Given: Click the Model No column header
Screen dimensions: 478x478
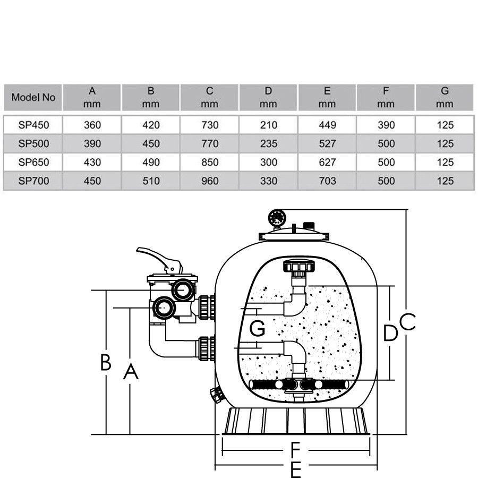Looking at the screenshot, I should pos(33,98).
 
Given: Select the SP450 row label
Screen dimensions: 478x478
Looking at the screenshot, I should pos(33,125).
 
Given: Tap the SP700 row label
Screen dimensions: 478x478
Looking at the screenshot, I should pos(33,181).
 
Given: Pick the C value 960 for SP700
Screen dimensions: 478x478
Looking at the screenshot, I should pos(210,181).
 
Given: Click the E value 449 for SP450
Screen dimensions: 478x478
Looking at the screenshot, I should pos(327,125).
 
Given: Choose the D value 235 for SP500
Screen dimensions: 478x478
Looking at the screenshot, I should pos(269,144).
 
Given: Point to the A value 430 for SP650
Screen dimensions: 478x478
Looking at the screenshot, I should pos(92,163).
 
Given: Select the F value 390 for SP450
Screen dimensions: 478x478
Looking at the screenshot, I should pos(386,125).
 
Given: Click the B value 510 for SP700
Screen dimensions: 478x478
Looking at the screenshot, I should pos(151,181).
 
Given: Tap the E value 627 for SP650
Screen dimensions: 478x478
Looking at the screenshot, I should pos(327,163).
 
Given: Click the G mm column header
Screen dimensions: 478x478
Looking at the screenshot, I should pos(445,98).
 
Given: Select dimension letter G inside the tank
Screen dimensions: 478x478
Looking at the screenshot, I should pos(257,329).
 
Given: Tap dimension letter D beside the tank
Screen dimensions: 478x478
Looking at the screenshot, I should pos(390,333).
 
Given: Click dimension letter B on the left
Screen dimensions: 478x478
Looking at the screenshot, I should pos(106,363).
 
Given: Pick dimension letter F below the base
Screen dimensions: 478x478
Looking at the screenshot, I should pos(296,450).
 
